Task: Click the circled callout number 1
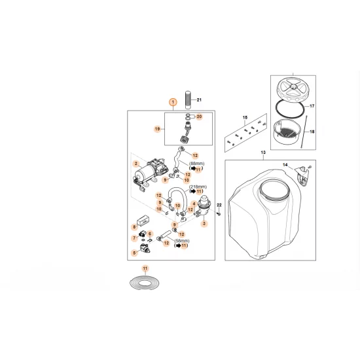172,102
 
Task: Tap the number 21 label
200,99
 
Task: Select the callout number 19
157,129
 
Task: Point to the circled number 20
199,116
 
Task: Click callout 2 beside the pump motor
135,164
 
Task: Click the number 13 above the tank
264,152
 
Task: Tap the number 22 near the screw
220,206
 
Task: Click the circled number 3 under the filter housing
204,224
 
